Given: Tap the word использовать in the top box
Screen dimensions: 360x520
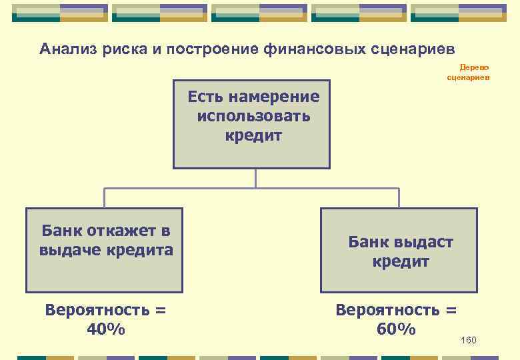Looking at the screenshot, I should pos(254,117).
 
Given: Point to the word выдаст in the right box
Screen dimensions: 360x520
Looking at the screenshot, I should pos(422,242).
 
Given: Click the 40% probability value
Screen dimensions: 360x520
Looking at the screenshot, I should pos(105,329).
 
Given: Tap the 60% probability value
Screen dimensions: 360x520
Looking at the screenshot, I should pos(396,329).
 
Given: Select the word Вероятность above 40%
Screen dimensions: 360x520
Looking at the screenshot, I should pos(105,310).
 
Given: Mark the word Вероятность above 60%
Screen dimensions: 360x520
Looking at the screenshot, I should pos(396,310).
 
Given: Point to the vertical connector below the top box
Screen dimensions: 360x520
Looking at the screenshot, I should pos(255,178).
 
